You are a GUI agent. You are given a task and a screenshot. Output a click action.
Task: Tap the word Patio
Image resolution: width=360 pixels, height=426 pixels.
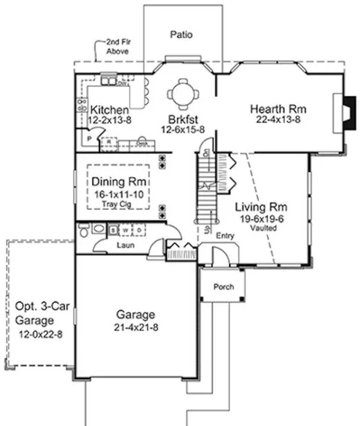181,34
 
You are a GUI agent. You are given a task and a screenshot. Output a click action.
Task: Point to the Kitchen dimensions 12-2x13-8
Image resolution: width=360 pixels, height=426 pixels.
110,120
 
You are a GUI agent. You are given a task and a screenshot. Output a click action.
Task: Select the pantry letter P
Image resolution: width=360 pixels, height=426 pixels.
85,139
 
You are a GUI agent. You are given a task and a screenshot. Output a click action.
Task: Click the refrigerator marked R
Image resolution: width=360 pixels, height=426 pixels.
109,141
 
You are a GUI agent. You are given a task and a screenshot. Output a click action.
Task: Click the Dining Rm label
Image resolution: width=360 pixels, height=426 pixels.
115,182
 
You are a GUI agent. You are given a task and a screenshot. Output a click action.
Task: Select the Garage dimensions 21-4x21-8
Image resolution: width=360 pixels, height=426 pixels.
135,327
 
